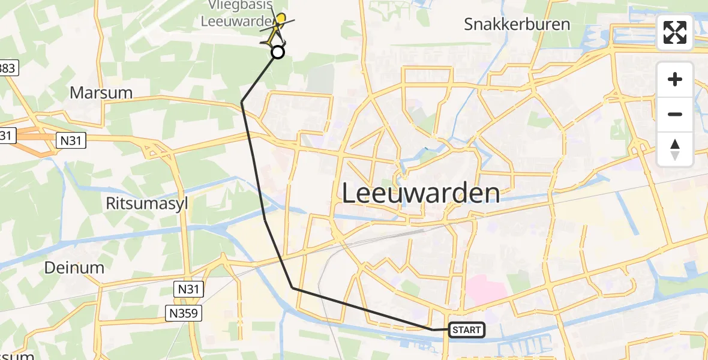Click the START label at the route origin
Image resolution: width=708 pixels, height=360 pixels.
click(x=466, y=329)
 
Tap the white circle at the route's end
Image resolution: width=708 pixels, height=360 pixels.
click(x=278, y=52)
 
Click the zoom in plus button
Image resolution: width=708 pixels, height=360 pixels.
click(x=675, y=79)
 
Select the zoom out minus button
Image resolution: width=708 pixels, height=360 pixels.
click(x=675, y=114)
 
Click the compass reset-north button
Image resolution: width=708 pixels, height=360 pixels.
click(x=675, y=149)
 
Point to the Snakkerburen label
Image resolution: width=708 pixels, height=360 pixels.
click(x=517, y=25)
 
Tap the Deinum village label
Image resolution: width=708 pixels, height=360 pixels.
click(x=74, y=268)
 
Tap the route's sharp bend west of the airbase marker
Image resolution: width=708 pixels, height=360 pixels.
click(x=242, y=103)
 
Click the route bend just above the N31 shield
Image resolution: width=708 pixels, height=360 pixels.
click(x=293, y=288)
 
